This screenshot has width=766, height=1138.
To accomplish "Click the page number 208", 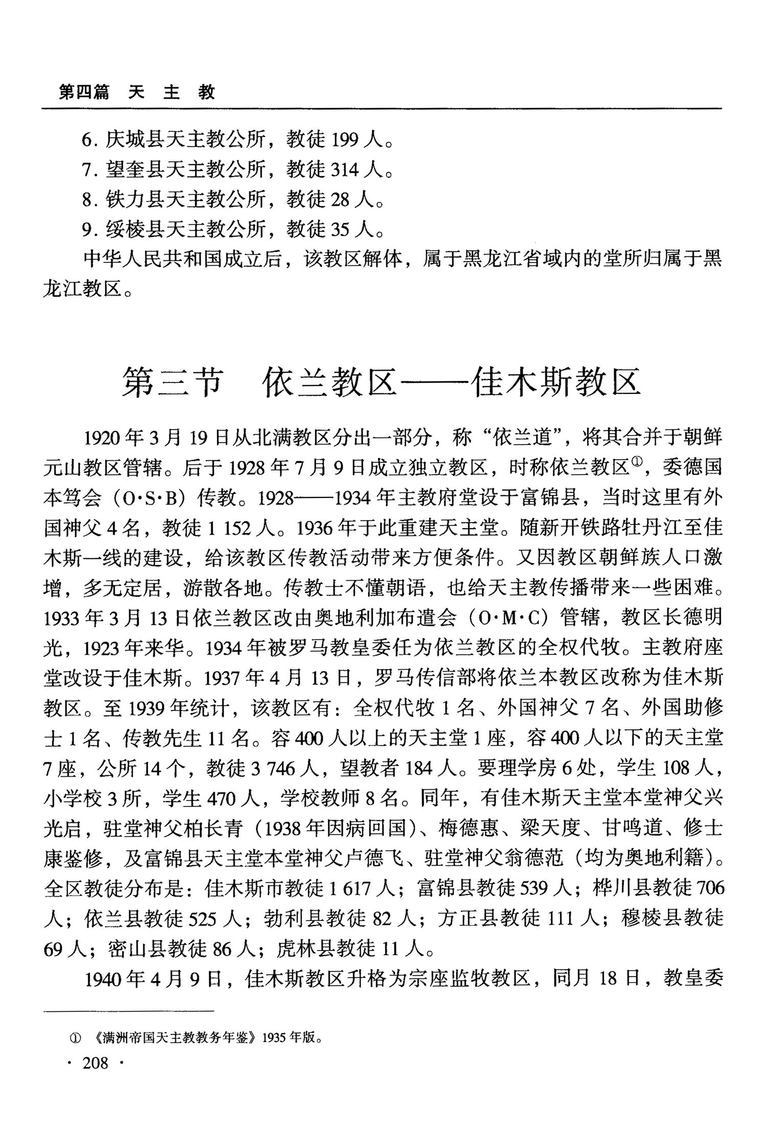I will coord(95,1063).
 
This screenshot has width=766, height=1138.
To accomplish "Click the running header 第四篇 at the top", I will coord(83,92).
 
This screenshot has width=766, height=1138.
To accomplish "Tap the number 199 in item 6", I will coord(346,139).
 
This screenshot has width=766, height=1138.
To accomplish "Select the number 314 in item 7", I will coord(346,170).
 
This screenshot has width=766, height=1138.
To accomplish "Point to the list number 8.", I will coord(87,200).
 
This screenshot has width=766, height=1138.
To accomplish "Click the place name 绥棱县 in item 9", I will coord(135,230).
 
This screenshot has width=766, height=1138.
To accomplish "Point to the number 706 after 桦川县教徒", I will coord(707,889).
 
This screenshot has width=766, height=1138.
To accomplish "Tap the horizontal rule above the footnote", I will coord(128,1010).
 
